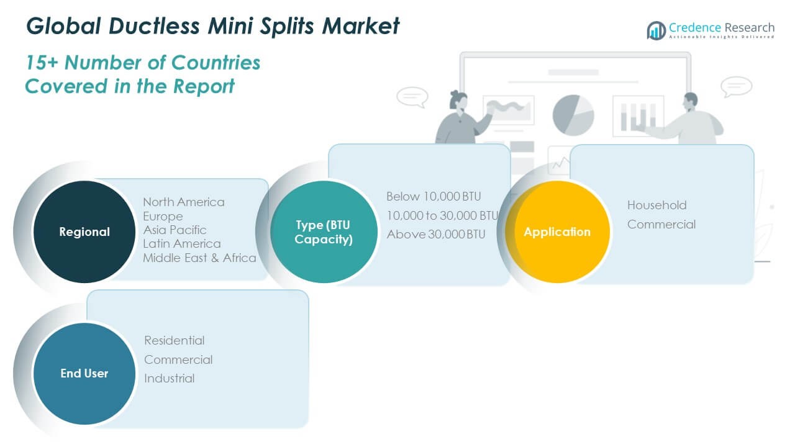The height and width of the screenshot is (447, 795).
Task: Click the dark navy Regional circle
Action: tap(84, 232)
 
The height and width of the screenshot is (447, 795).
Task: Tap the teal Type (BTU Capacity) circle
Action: tap(324, 232)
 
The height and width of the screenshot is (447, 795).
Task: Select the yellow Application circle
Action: tap(557, 232)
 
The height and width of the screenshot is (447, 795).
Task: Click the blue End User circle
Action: tap(84, 373)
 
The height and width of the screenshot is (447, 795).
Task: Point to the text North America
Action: tap(184, 202)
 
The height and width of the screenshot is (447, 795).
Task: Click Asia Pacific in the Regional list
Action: tap(175, 230)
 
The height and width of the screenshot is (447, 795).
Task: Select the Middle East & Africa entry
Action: tap(199, 258)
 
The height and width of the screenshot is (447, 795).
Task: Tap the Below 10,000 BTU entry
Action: tap(434, 196)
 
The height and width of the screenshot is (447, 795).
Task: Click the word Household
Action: tap(656, 205)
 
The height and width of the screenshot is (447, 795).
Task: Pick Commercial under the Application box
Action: tap(661, 224)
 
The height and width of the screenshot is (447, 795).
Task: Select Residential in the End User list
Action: tap(174, 340)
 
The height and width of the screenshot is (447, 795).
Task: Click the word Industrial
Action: tap(169, 378)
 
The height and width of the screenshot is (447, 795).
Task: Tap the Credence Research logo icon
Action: tap(656, 30)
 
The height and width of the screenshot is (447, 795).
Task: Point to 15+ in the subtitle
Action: tap(42, 63)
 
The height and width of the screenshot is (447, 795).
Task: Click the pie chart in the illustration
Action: tap(573, 115)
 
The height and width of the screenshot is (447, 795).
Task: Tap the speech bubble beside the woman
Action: tap(412, 96)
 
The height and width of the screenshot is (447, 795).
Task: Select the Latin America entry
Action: tap(181, 243)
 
